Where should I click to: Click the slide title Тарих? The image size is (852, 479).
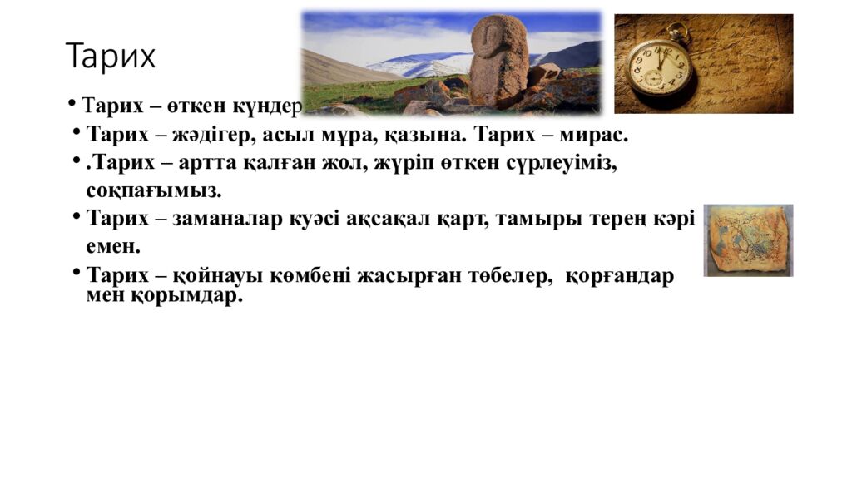tap(111, 57)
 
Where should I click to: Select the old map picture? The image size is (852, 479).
tap(748, 240)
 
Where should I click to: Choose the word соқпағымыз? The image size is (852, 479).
tap(154, 190)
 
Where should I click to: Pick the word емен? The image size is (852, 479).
tap(113, 247)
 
